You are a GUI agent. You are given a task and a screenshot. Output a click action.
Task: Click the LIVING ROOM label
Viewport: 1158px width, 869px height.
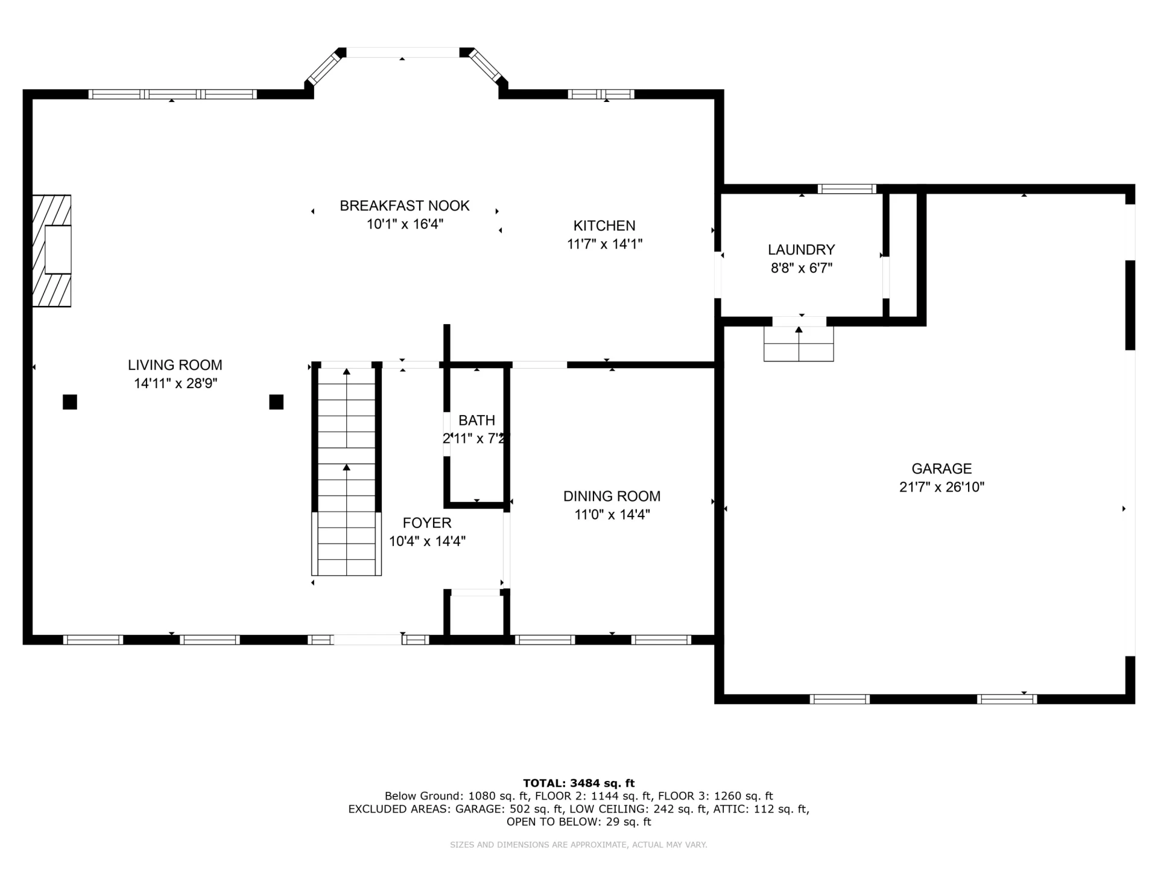(x=175, y=365)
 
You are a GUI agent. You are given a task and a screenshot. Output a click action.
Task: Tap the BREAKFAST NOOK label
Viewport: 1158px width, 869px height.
(x=405, y=206)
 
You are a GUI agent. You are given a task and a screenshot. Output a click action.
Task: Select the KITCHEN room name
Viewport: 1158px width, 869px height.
(x=604, y=226)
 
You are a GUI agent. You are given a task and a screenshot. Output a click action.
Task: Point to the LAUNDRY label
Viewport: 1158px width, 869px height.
(x=802, y=249)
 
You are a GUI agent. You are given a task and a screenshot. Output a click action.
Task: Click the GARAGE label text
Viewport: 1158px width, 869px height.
(x=941, y=468)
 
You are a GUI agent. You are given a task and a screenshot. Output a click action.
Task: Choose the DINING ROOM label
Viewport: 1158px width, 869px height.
(x=612, y=496)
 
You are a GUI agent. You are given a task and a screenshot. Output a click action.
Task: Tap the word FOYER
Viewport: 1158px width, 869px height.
(x=427, y=523)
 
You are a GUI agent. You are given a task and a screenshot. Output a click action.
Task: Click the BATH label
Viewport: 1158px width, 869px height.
(x=476, y=420)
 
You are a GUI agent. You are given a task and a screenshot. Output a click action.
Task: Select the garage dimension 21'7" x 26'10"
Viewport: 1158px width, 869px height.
(x=941, y=487)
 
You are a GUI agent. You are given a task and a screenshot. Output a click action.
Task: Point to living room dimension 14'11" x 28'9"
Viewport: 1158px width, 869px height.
(x=176, y=383)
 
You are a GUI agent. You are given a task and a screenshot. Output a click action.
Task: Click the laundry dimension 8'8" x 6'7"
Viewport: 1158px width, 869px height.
(x=802, y=268)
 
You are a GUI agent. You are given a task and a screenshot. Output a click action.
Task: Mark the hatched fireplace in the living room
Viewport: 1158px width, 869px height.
(x=52, y=250)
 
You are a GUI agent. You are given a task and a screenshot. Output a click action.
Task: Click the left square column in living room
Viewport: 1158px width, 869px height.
(x=70, y=402)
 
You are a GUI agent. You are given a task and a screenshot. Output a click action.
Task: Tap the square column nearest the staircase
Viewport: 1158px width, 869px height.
(x=276, y=402)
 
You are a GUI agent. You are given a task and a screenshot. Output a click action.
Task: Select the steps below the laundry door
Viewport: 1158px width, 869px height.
(x=799, y=343)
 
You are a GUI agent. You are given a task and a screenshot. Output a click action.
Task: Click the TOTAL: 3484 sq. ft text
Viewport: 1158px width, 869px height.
(x=579, y=783)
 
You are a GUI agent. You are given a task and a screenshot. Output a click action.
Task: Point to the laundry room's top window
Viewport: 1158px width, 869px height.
(x=847, y=189)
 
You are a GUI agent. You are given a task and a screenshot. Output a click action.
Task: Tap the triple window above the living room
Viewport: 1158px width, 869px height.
(x=172, y=94)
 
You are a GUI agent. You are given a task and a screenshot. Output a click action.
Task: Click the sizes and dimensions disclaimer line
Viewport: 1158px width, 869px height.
(x=579, y=845)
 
